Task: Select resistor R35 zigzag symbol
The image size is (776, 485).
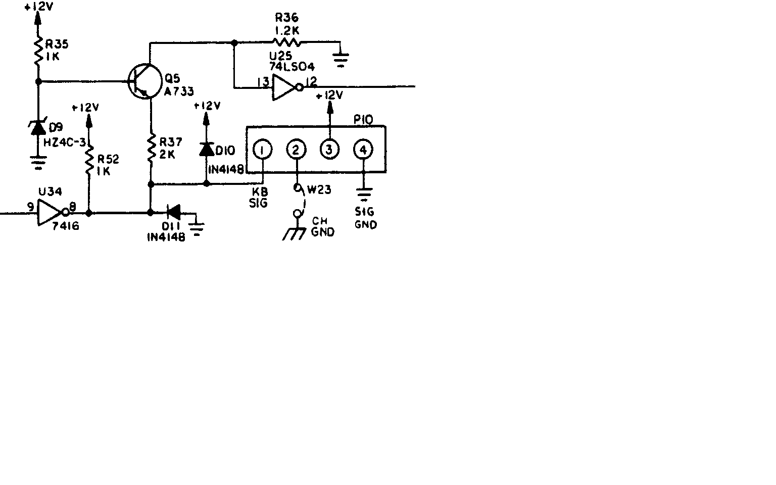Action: [x=38, y=51]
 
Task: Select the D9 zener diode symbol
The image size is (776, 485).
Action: [x=38, y=128]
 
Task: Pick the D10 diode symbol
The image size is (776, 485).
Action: [x=206, y=149]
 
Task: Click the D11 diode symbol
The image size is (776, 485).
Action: [x=173, y=212]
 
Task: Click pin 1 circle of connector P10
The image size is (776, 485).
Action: [x=263, y=150]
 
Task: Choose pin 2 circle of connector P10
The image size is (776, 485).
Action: [x=296, y=150]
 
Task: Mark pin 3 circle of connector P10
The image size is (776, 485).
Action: [x=329, y=150]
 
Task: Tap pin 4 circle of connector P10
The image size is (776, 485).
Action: [x=363, y=150]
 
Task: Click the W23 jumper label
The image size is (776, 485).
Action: [x=319, y=190]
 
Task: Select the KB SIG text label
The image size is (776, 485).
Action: [x=259, y=198]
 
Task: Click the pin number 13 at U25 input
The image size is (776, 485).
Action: [x=262, y=82]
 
